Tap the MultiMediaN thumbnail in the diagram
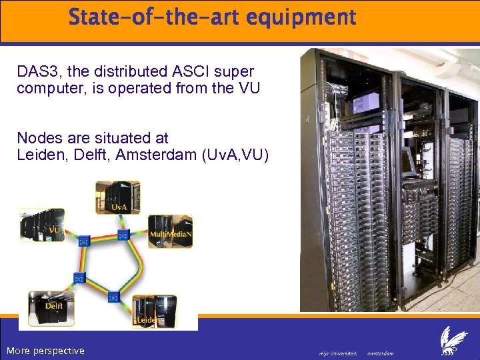click(x=170, y=231)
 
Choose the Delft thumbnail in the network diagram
click(x=47, y=307)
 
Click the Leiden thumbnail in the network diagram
click(x=154, y=311)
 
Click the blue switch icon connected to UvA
click(x=123, y=235)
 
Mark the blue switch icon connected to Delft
click(x=78, y=278)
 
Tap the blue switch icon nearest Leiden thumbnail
click(x=114, y=297)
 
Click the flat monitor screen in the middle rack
click(x=408, y=160)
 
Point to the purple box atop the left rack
click(x=366, y=101)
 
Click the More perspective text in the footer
click(x=45, y=351)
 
